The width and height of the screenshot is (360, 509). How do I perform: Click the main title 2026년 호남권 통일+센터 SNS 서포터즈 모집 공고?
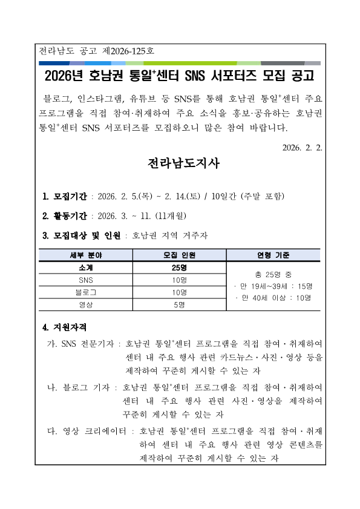(180, 76)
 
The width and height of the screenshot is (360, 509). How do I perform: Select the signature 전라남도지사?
(180, 164)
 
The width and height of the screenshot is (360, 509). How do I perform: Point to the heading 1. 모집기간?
(65, 197)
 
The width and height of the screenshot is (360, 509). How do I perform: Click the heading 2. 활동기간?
(65, 216)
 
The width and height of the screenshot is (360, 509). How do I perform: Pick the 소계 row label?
(85, 268)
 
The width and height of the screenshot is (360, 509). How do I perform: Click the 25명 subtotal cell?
(179, 268)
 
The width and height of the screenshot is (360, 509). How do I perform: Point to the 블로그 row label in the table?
(85, 292)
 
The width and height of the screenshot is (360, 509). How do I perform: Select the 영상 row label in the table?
(85, 304)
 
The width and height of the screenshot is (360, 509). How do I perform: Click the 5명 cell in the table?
(179, 304)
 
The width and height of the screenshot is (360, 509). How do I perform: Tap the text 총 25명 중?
(273, 274)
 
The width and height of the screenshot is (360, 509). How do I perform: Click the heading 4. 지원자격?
(65, 328)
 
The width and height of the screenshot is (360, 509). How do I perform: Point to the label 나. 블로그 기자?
(78, 387)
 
